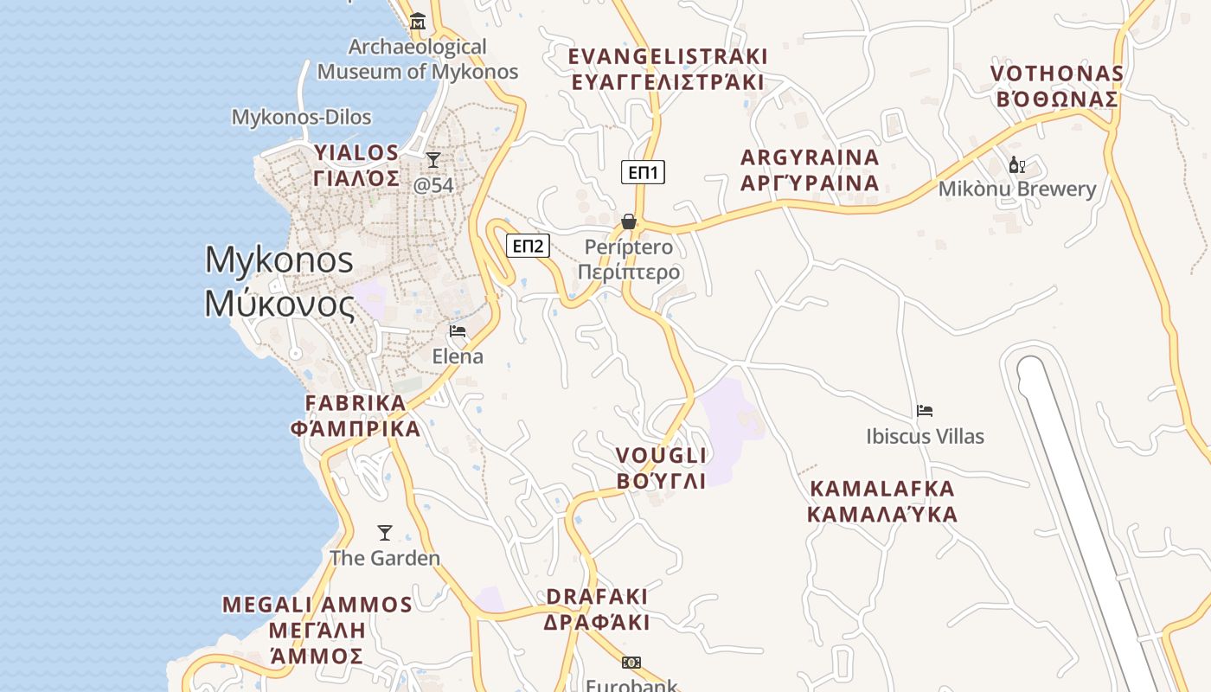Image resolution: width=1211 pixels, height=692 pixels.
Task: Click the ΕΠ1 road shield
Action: point(643,172)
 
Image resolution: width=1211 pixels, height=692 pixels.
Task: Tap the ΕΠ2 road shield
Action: point(528,246)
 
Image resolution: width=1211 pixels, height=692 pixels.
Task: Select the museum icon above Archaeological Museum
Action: point(419,21)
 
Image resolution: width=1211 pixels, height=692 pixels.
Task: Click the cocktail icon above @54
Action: point(433,160)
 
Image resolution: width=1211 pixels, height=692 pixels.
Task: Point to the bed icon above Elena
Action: point(458,331)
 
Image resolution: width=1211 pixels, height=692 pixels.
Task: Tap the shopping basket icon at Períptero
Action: point(629,222)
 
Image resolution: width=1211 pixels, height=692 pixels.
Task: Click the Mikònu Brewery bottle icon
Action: point(1017,164)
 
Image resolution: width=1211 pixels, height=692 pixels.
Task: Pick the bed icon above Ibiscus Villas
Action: point(925,411)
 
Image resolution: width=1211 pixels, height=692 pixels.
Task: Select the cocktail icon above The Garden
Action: point(385,533)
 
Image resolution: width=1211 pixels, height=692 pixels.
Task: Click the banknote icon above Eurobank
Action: point(631,663)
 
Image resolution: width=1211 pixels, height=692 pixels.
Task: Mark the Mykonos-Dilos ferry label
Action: point(301,117)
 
